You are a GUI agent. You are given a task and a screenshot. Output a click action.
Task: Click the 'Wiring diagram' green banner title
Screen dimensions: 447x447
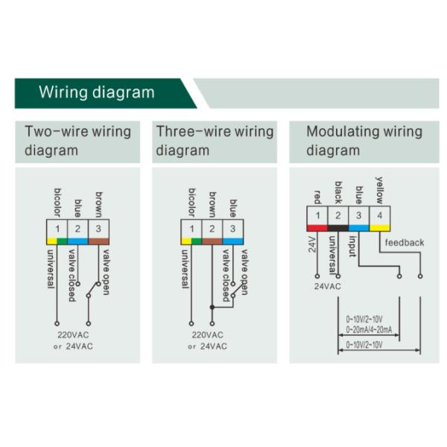point(96,93)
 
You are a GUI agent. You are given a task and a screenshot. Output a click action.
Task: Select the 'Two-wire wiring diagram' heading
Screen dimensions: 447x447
point(77,141)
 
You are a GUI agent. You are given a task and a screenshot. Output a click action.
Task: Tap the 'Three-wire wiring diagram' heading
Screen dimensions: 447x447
point(215,141)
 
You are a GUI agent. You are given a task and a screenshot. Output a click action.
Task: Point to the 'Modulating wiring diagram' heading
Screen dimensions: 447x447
point(364,141)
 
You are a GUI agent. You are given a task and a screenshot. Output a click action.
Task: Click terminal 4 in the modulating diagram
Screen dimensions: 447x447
point(381,215)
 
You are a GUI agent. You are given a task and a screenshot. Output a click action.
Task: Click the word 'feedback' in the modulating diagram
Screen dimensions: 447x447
point(405,242)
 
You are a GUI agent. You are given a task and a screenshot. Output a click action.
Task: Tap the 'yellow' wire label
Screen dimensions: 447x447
point(380,190)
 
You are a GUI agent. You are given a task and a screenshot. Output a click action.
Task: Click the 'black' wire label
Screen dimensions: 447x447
point(338,191)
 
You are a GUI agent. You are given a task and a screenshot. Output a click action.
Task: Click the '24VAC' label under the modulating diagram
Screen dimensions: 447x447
point(327,285)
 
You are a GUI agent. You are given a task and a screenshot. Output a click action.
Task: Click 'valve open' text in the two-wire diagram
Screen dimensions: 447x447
point(105,270)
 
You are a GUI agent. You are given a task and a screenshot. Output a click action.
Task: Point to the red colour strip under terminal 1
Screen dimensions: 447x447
point(317,226)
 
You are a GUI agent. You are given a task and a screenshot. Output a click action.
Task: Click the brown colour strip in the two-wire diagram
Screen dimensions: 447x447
point(99,241)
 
